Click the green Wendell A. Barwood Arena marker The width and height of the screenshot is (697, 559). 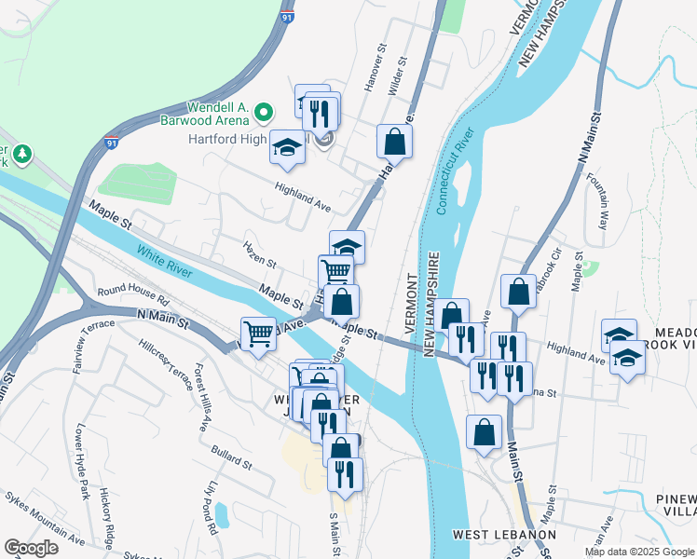[264, 114]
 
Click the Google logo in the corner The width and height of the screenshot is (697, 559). [31, 548]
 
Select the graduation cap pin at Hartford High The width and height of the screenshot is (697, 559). [287, 148]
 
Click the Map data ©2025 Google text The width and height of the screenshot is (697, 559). [639, 552]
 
